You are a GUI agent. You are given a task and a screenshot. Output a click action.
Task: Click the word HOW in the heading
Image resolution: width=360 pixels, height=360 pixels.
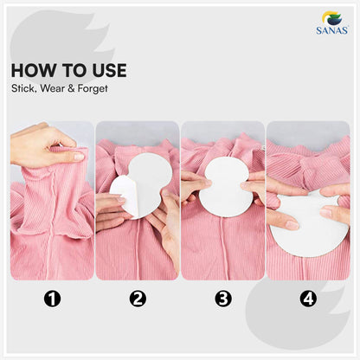point(32,70)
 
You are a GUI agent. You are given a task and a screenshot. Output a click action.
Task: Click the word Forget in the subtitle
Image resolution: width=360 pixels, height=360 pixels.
point(88,87)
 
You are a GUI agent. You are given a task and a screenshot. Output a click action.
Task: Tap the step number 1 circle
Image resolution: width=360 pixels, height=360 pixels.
point(52,299)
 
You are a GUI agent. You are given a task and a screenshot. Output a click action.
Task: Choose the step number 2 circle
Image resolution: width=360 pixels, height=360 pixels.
point(138,299)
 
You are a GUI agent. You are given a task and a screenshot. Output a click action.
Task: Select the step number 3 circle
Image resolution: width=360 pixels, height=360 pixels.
point(223,299)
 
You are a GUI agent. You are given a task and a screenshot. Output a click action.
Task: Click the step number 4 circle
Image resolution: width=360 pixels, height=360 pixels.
point(308,299)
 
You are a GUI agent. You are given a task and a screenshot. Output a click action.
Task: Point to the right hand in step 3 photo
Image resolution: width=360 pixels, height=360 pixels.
point(254,187)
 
